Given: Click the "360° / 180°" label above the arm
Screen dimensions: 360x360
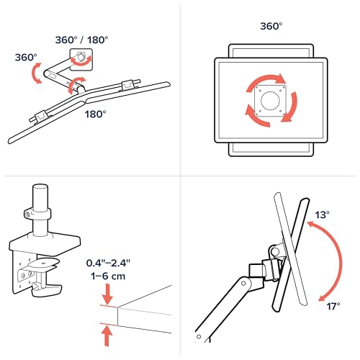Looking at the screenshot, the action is tap(81, 40).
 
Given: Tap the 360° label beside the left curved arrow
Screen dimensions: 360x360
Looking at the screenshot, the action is tap(26, 58).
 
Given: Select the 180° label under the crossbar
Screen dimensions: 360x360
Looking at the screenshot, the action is tap(95, 114).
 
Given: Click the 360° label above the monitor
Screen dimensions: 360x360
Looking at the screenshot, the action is tap(271, 26).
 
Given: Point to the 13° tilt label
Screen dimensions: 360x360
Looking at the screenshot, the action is tap(322, 215).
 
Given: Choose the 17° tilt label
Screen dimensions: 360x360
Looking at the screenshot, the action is tap(333, 306).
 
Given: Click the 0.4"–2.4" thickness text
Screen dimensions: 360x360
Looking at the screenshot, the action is tap(108, 263).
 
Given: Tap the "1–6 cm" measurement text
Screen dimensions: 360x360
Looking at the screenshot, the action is tap(108, 276).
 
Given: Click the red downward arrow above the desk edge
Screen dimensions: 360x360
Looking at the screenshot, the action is tap(107, 294).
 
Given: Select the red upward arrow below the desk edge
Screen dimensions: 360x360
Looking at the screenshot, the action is tap(107, 336).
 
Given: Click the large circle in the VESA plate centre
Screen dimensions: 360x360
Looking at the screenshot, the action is tap(270, 101).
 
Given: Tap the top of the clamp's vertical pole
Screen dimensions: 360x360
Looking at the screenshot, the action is tap(40, 187).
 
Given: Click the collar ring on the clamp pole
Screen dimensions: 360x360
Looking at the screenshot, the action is tap(38, 213).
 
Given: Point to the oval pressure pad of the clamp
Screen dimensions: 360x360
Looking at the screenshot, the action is tap(44, 263).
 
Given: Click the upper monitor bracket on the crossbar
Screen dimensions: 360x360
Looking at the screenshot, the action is tap(127, 85).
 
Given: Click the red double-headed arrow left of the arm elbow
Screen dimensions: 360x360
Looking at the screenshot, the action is tap(37, 73).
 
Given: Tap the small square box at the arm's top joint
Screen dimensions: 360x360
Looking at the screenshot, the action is tap(81, 60).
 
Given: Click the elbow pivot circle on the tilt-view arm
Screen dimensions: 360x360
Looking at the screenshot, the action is tap(243, 284).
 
